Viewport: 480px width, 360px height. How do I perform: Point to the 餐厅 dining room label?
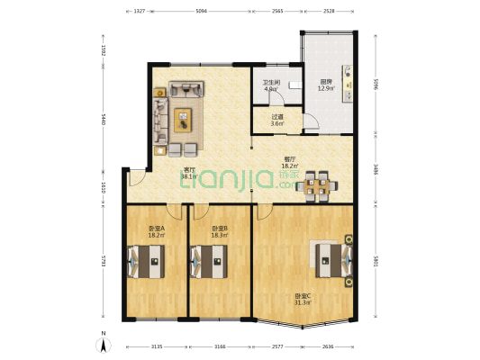[x=291, y=164]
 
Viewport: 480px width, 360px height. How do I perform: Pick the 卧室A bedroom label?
[x=156, y=231]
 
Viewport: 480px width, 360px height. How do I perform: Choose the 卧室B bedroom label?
[x=219, y=231]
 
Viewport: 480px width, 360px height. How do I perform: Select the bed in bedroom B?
[x=208, y=264]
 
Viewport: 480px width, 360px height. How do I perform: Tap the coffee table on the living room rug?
[x=184, y=116]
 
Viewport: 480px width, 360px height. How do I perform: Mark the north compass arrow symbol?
[x=104, y=344]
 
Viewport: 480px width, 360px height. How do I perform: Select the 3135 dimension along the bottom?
[x=156, y=345]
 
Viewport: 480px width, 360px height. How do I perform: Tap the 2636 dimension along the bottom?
[x=331, y=345]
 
